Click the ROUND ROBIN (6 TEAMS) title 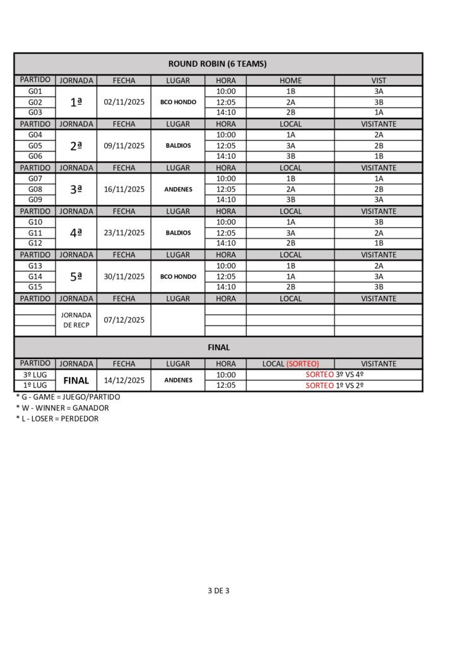click(x=218, y=64)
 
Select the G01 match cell click(x=35, y=91)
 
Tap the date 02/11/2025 click(x=124, y=102)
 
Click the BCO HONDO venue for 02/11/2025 click(x=178, y=102)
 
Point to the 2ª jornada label click(x=76, y=146)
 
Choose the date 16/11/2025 click(x=124, y=189)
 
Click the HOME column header click(x=290, y=81)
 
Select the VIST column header click(x=379, y=81)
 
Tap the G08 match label click(x=35, y=189)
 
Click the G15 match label click(x=35, y=287)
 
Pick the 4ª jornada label click(x=76, y=233)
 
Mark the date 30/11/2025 click(x=124, y=276)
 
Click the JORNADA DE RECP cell click(x=76, y=320)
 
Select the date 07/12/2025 click(x=124, y=320)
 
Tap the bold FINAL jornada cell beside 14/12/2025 click(x=76, y=380)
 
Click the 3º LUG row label click(x=35, y=375)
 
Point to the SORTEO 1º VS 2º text click(x=335, y=385)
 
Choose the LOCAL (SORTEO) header click(x=290, y=364)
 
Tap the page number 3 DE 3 click(x=218, y=591)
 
